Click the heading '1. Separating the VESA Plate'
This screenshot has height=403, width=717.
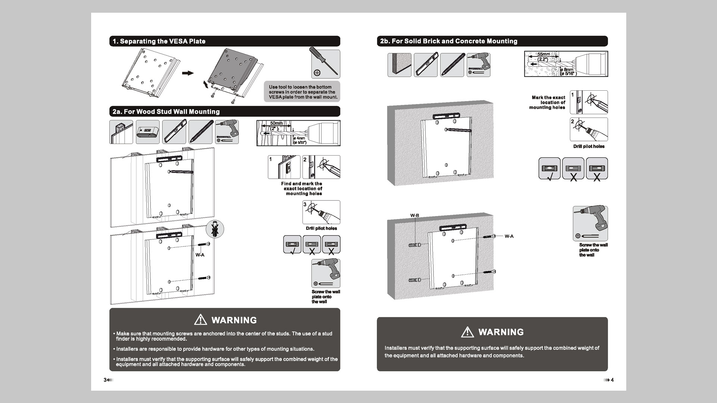tap(159, 41)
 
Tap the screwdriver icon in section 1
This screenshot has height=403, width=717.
tap(325, 64)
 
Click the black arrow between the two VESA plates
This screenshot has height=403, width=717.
tap(188, 73)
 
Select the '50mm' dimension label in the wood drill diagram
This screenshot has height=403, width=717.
tap(276, 124)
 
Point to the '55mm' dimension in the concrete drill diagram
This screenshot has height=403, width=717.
tap(543, 54)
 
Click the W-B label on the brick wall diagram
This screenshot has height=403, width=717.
tap(415, 216)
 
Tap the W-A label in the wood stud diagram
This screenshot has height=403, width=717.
tap(200, 255)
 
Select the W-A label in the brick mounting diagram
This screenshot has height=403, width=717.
tap(509, 236)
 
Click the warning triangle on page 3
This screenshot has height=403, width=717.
tap(201, 320)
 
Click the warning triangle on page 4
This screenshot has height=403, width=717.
tap(468, 332)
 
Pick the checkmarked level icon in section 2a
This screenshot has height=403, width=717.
tap(292, 245)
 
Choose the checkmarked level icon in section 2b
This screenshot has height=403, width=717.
tap(549, 169)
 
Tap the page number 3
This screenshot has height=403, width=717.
tap(105, 380)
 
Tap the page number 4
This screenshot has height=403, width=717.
tap(612, 380)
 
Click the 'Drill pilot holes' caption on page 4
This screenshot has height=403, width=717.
tap(589, 147)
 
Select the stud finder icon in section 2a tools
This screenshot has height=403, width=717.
tap(148, 132)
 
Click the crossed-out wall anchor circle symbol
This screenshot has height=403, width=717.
tap(215, 229)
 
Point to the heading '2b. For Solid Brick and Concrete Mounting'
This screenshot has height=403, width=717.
tap(448, 41)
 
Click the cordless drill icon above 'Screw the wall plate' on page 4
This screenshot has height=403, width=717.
tap(590, 223)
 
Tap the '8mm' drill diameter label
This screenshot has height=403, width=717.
tap(568, 70)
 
